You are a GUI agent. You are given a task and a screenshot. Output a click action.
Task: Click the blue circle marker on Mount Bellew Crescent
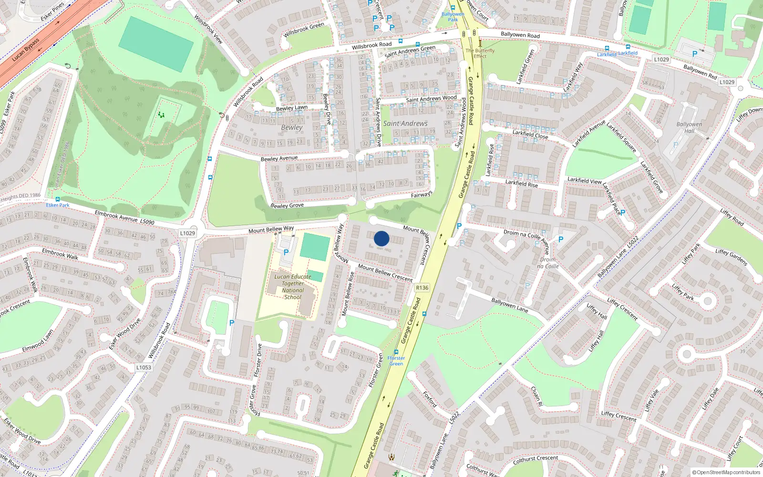click(381, 238)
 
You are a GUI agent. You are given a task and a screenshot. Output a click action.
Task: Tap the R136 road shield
click(422, 288)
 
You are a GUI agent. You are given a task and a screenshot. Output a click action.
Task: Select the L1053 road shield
click(144, 367)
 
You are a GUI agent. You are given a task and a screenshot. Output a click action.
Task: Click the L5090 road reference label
click(147, 222)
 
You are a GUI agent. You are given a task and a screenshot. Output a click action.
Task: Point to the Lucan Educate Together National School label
click(293, 287)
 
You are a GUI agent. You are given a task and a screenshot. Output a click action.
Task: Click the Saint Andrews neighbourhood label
click(405, 123)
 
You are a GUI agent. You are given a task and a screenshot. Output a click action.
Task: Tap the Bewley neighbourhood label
click(292, 127)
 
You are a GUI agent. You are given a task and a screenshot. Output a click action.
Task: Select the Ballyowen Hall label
click(689, 127)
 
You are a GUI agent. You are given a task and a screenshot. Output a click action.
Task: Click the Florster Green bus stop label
click(396, 361)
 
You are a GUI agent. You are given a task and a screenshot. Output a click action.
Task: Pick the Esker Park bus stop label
click(58, 205)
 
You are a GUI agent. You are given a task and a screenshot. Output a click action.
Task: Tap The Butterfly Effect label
click(480, 53)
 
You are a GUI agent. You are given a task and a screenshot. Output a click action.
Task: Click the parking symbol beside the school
click(286, 252)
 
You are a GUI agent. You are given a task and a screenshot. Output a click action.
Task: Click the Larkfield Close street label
click(530, 135)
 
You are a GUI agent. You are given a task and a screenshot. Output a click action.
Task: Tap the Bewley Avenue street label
click(279, 158)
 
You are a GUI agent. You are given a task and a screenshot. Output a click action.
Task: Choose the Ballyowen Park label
click(453, 17)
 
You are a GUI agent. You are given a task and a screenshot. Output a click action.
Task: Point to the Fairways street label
click(422, 195)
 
